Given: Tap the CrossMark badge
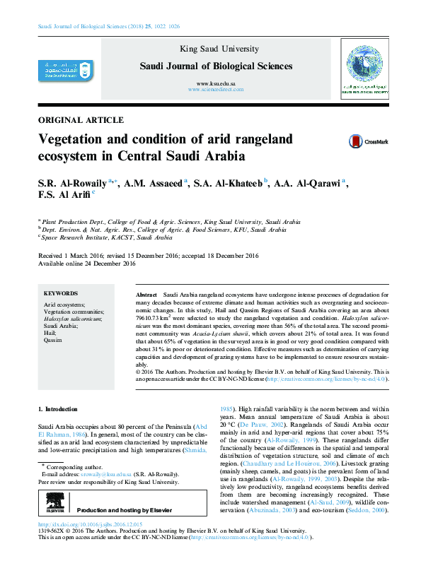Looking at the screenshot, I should pos(367,141).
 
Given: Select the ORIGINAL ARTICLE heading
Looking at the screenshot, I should pos(81,120).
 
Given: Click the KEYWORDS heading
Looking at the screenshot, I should pos(61,293).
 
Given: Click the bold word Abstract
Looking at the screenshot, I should pos(146,293).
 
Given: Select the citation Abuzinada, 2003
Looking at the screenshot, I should pos(266,509).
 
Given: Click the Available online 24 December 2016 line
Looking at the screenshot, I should pos(86,263).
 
